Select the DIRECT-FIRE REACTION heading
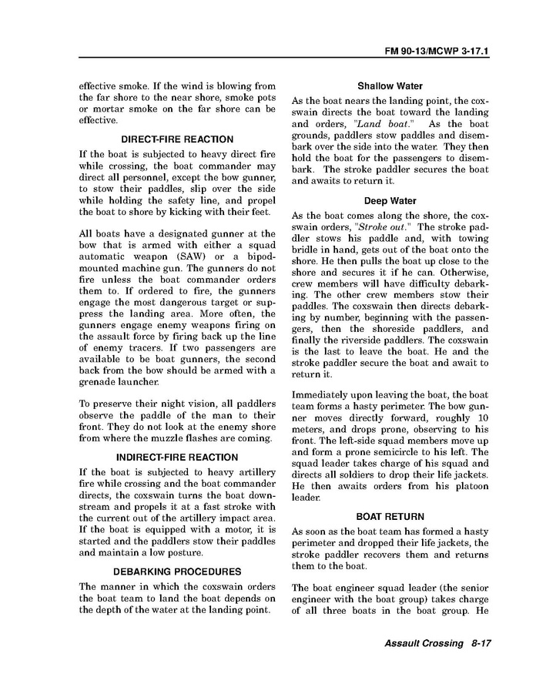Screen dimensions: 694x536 click(177, 139)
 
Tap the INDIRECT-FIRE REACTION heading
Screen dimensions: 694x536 click(177, 457)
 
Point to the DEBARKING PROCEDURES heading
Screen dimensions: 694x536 click(177, 572)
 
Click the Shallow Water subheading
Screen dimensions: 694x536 click(390, 86)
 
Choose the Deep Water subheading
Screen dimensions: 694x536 click(390, 201)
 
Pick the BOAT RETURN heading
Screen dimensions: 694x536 click(390, 516)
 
